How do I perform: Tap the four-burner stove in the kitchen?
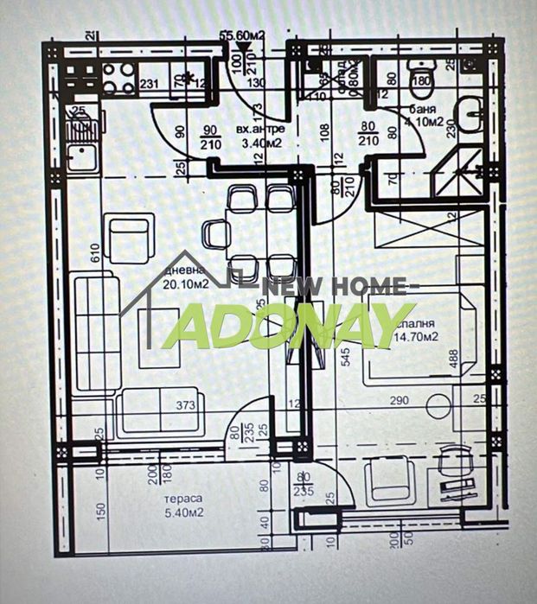pyautogui.click(x=118, y=77)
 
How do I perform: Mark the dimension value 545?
pyautogui.click(x=345, y=357)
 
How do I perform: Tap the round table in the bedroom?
pyautogui.click(x=439, y=405)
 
